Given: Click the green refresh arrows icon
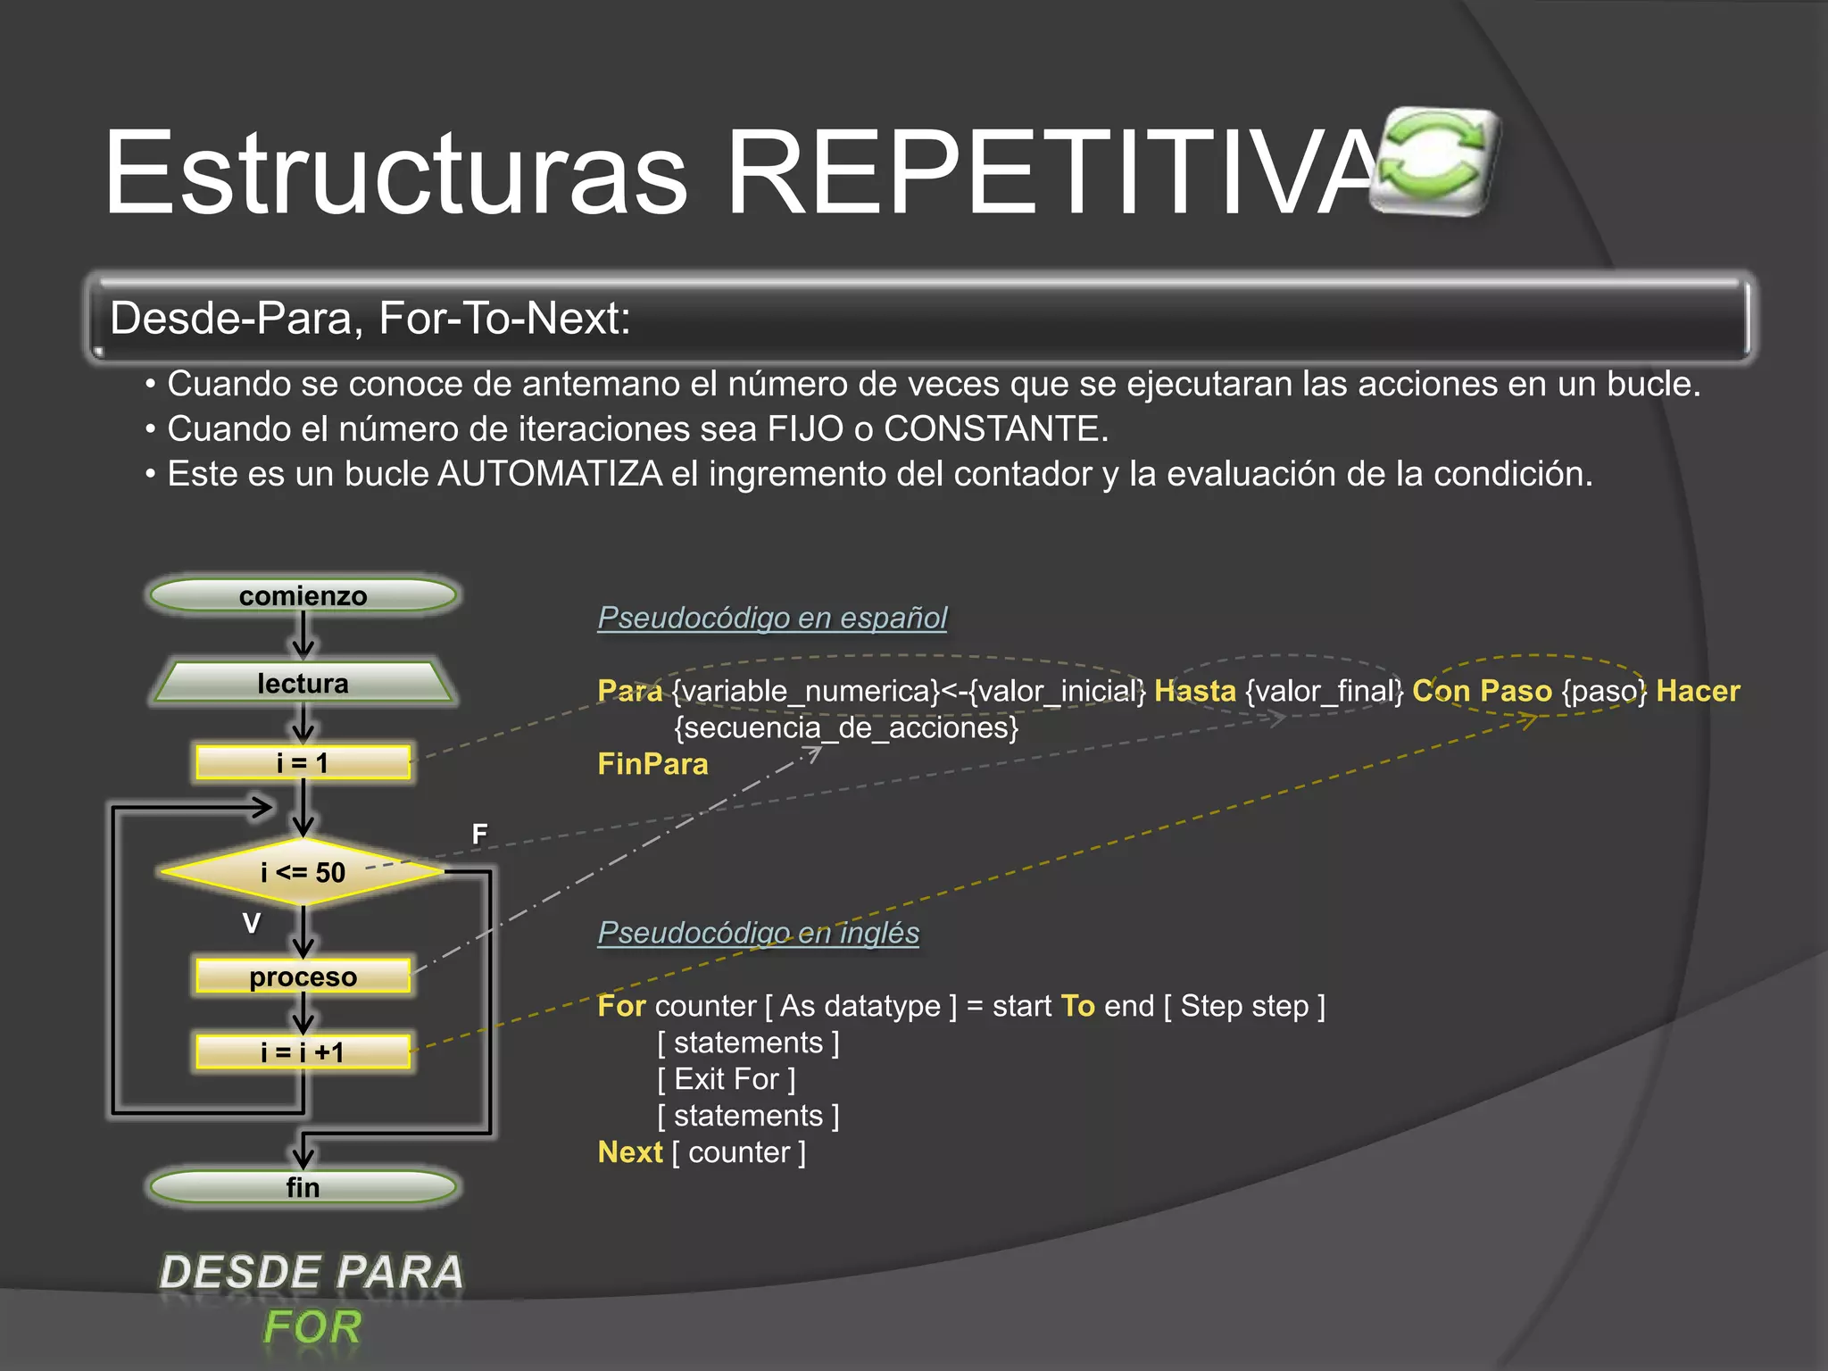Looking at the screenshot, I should pos(1433,161).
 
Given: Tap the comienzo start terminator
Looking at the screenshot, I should pos(303,595).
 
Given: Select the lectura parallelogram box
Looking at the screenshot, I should pos(303,683).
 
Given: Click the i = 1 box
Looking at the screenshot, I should pos(303,762).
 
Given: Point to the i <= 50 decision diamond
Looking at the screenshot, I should pos(303,871).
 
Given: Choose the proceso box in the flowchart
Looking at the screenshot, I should pos(303,976).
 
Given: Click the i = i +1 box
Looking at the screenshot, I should pos(303,1051).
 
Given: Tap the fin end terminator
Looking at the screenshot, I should pos(303,1187).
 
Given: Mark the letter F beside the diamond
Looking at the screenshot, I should pos(479,834).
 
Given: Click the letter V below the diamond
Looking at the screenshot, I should pos(252,923).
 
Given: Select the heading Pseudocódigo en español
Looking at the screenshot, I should pos(772,617).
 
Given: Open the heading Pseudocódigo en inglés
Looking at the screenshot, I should pos(758,932).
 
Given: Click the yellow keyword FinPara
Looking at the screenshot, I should pos(652,764).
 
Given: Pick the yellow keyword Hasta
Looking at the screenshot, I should pos(1194,691).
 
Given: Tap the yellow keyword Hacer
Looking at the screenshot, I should pos(1698,691).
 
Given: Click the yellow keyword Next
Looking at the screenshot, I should pos(630,1152).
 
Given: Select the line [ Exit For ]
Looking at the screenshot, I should pos(726,1079).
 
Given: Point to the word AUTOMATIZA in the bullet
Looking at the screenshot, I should pos(550,474).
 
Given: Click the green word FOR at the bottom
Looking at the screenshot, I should pos(312,1326).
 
